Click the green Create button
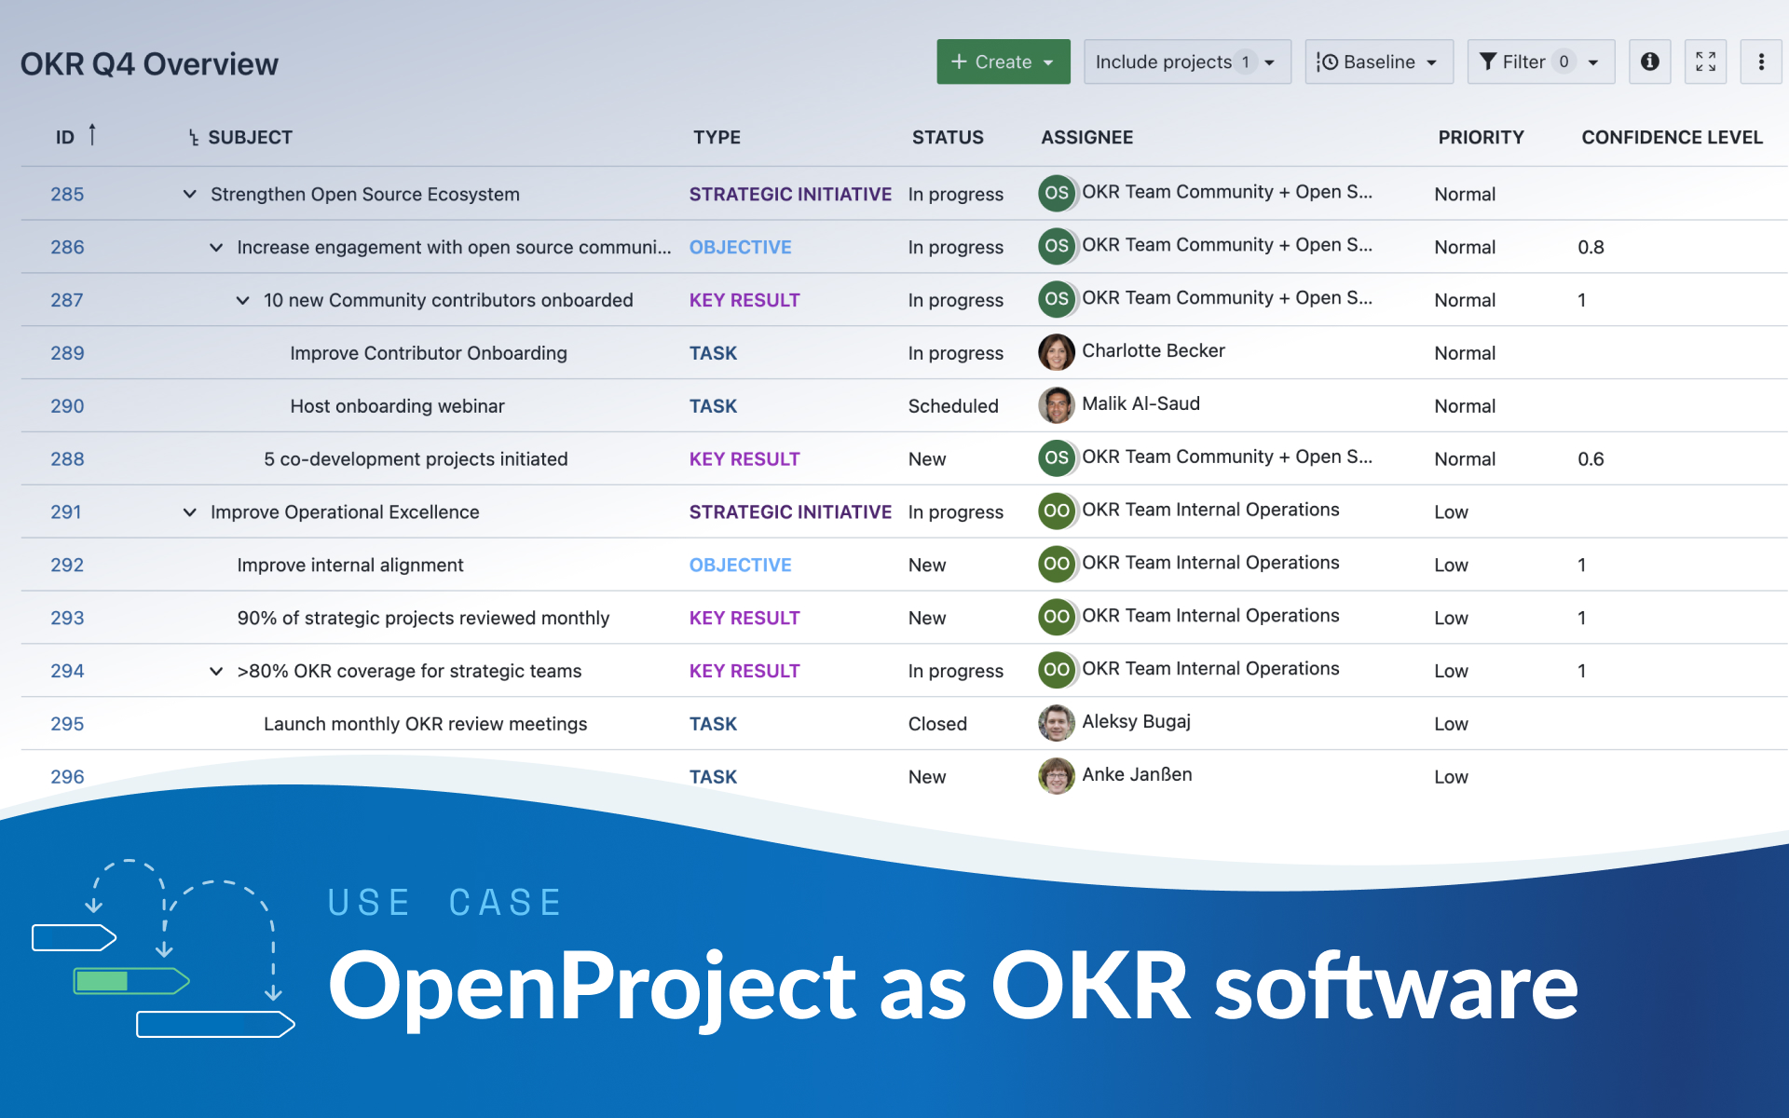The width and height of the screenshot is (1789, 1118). pos(1003,61)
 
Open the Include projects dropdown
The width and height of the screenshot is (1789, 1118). pos(1186,61)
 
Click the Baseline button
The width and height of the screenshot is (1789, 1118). pos(1378,61)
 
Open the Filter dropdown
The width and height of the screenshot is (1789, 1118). pos(1539,61)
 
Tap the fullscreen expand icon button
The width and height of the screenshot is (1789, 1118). pos(1705,61)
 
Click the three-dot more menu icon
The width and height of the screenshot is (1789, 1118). pos(1760,61)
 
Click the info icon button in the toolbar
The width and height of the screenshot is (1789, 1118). pos(1649,61)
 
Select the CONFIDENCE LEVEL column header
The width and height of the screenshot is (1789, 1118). pos(1672,137)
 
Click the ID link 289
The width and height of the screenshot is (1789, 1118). pos(67,353)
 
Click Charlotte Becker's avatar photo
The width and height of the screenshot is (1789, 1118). pos(1056,352)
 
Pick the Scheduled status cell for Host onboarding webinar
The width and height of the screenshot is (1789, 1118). pos(952,406)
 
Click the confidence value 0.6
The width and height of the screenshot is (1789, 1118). pos(1591,459)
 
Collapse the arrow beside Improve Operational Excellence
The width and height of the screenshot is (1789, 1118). pos(190,511)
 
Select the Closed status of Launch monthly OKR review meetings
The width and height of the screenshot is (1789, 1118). pos(937,724)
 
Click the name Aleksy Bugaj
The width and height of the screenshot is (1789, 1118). pos(1136,721)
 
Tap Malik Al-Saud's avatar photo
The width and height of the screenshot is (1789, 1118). pos(1056,405)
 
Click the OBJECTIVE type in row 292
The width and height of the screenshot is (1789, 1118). pos(740,565)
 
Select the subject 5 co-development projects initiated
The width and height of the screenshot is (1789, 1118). pos(416,459)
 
